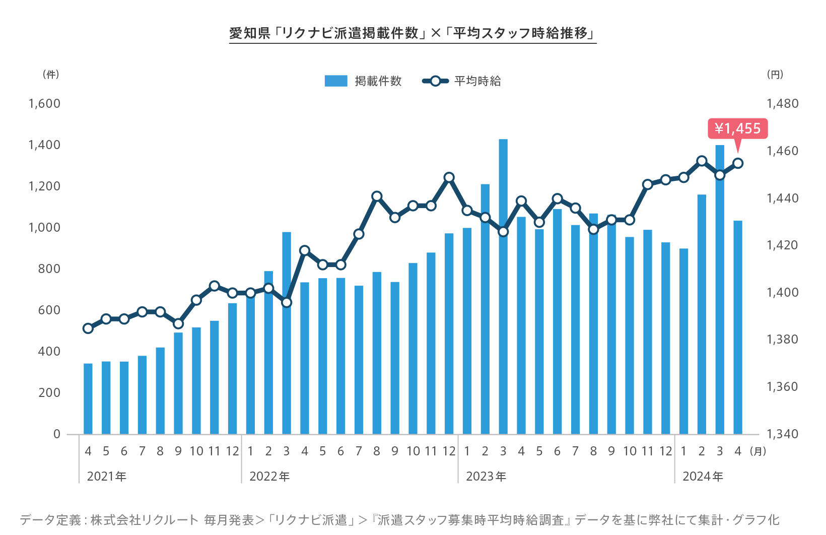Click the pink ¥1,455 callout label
[x=737, y=128]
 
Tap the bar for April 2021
[x=88, y=398]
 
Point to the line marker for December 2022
[x=449, y=177]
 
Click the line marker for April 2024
[x=738, y=163]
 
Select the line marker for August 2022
[x=377, y=196]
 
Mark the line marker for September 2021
[x=178, y=323]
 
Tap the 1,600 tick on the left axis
[x=44, y=104]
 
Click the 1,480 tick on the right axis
[x=782, y=104]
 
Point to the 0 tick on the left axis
[x=56, y=434]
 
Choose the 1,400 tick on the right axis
[x=782, y=293]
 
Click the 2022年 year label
[x=269, y=477]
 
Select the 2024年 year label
[x=703, y=477]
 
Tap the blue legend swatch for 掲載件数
[x=336, y=81]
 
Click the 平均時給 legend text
[x=477, y=81]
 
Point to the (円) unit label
[x=775, y=75]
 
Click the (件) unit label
[x=51, y=75]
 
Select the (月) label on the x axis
[x=758, y=451]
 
